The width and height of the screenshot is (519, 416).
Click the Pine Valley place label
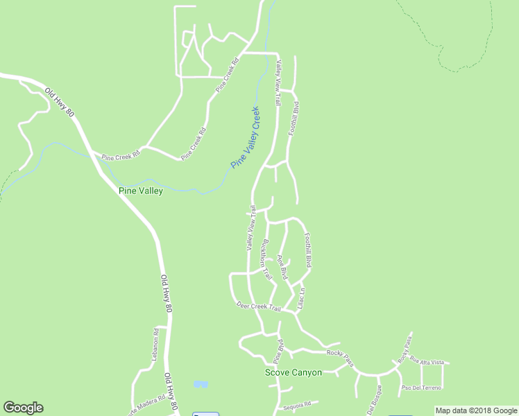tap(141, 191)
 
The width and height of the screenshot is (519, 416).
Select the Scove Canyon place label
tap(293, 372)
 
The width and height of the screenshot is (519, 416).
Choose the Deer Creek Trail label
tap(258, 306)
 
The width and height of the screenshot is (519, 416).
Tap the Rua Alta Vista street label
tap(427, 361)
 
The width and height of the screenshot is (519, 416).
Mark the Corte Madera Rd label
tap(146, 404)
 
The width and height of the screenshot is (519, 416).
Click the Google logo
tap(23, 408)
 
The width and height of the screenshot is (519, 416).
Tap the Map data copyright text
tap(477, 410)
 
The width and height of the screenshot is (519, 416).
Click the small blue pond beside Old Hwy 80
tap(201, 383)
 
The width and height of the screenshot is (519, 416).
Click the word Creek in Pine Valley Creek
tap(255, 119)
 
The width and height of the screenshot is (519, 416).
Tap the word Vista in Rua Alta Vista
tap(437, 362)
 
